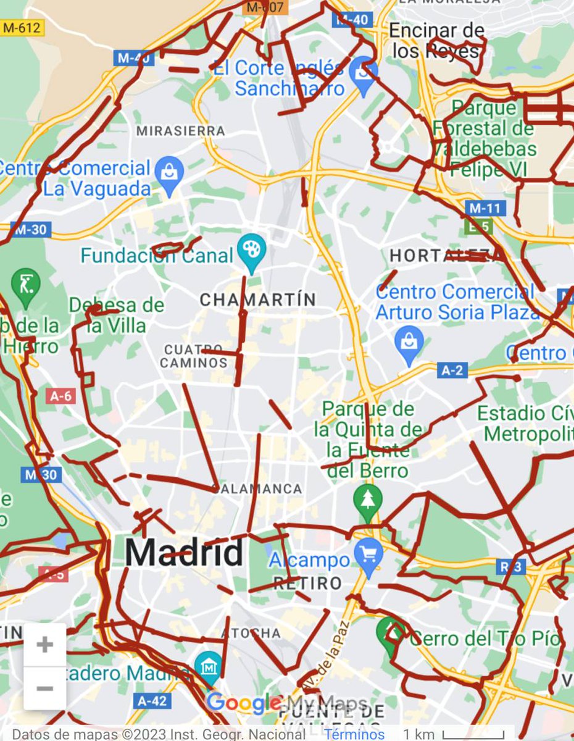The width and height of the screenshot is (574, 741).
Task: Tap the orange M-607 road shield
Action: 265,7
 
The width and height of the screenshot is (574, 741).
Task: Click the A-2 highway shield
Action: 452,370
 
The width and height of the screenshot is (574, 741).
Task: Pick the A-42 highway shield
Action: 151,700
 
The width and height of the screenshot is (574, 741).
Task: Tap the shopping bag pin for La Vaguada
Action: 169,172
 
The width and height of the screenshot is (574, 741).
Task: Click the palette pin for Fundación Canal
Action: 252,251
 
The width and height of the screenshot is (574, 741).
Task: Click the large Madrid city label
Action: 184,553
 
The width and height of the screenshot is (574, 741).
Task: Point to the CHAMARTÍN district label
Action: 258,300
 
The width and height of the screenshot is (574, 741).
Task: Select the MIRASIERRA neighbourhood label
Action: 180,131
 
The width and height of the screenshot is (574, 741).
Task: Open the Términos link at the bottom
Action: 354,734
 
